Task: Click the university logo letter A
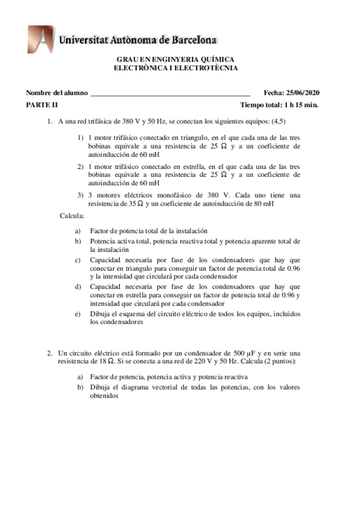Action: [x=40, y=39]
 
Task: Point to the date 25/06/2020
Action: [x=303, y=92]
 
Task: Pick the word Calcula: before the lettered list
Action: [x=72, y=215]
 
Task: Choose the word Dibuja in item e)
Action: [x=100, y=313]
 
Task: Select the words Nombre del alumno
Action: [x=56, y=92]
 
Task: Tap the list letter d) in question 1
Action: [x=78, y=287]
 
